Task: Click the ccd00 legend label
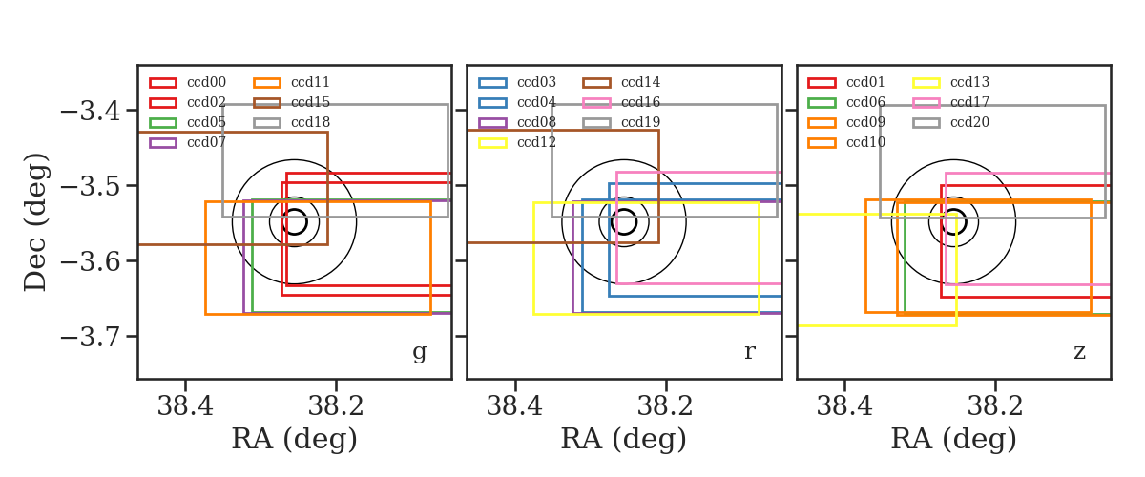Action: point(206,82)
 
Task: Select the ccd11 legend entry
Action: point(310,82)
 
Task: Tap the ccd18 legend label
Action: point(310,122)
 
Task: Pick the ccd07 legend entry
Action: point(206,142)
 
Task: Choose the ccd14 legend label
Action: point(640,82)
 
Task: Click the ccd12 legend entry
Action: point(536,142)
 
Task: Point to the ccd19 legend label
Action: point(640,122)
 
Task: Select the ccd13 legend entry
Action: point(969,82)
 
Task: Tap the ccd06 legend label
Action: point(865,102)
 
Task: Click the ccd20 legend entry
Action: point(969,122)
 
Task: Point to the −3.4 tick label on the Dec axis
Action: point(91,111)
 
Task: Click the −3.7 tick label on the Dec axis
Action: point(91,337)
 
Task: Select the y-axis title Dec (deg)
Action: point(36,222)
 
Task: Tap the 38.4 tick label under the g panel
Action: point(185,406)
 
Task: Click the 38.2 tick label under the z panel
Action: point(994,406)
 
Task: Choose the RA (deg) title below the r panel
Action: point(624,439)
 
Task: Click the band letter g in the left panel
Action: point(419,352)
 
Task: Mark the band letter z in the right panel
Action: point(1079,352)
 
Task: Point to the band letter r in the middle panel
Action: point(749,352)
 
